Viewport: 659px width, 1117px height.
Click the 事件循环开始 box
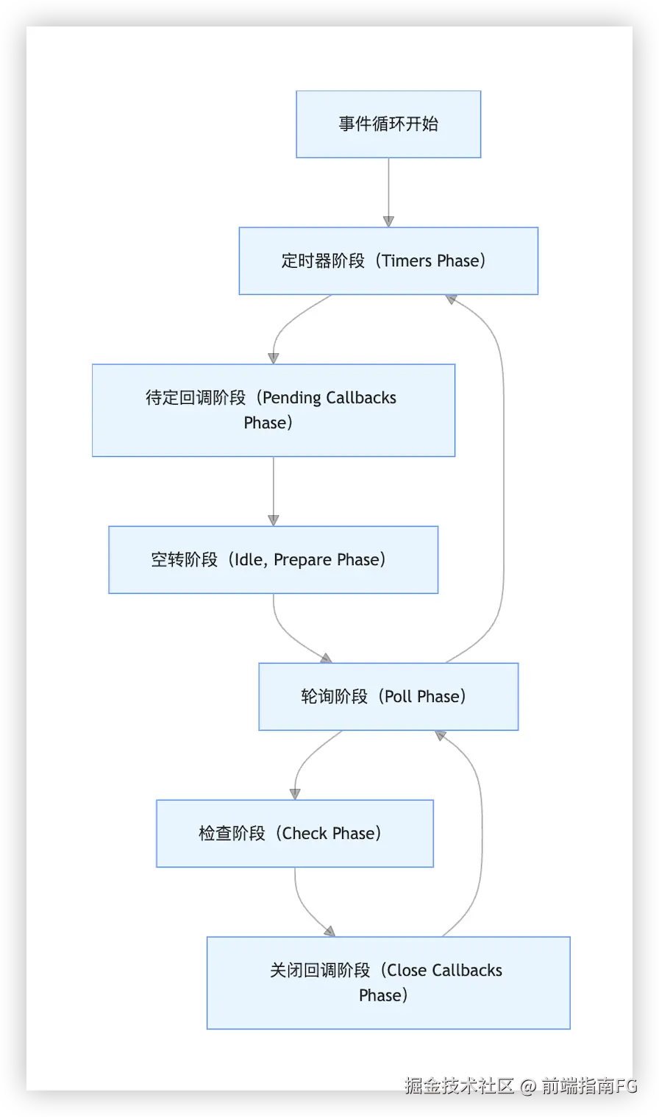pos(388,124)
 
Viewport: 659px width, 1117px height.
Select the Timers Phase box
pos(388,260)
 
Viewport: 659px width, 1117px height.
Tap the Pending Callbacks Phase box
pos(273,410)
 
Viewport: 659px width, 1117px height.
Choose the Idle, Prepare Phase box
pos(273,559)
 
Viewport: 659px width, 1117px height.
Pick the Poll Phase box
pos(388,696)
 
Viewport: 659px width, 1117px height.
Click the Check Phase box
pos(295,833)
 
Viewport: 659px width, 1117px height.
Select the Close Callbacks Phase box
pos(388,982)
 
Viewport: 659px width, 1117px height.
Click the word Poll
pos(399,696)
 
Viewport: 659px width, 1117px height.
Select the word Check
pos(304,833)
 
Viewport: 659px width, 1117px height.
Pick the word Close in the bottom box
pos(407,970)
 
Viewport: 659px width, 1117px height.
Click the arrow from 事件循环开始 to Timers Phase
pos(388,193)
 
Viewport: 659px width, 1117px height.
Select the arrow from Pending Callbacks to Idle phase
pos(273,492)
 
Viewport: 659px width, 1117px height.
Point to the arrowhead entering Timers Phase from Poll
pos(451,299)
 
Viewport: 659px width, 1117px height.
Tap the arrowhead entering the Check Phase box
pos(295,794)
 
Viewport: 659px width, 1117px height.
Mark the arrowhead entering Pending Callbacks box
pos(273,358)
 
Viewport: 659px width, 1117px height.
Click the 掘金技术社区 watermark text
pos(459,1085)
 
